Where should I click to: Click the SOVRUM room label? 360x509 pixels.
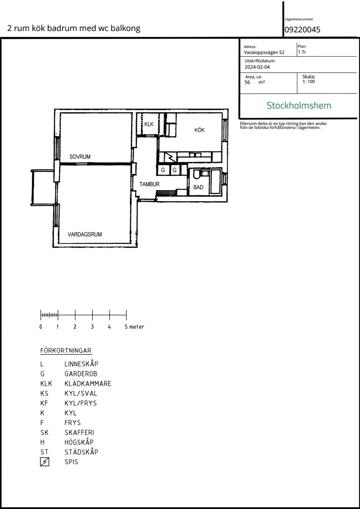click(x=80, y=157)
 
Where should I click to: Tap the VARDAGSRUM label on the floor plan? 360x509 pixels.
click(x=85, y=234)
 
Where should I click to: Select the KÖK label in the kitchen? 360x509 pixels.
click(x=199, y=130)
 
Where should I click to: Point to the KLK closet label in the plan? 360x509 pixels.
click(x=149, y=124)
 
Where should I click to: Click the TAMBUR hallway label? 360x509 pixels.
click(x=149, y=184)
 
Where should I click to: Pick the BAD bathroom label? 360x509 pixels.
click(x=198, y=187)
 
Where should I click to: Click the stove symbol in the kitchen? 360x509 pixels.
click(x=171, y=157)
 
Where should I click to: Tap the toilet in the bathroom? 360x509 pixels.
click(x=197, y=174)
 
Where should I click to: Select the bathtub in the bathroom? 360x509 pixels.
click(x=216, y=181)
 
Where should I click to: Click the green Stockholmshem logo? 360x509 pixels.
click(x=299, y=105)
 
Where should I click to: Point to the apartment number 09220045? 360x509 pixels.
click(x=302, y=30)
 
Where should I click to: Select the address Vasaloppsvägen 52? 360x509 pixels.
click(x=264, y=52)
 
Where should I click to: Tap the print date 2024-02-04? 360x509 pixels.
click(x=257, y=67)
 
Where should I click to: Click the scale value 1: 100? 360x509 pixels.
click(x=309, y=81)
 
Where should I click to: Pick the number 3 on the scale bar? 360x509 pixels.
click(x=92, y=327)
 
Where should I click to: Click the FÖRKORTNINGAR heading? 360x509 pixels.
click(x=66, y=350)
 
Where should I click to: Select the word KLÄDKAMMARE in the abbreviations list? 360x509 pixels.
click(x=88, y=384)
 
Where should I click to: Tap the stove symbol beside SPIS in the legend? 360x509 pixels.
click(x=45, y=462)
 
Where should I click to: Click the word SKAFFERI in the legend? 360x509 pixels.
click(x=79, y=432)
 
